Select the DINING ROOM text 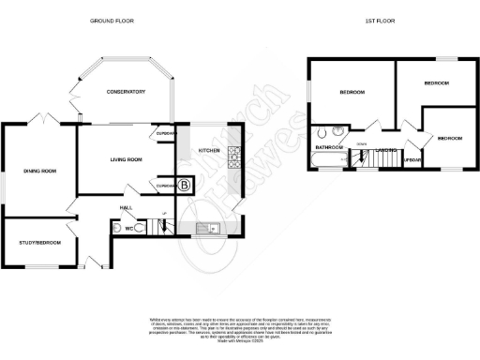coord(40,171)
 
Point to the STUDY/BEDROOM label coord(40,243)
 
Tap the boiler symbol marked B coord(184,186)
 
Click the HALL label coord(125,207)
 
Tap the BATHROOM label coord(329,147)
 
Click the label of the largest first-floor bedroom coord(352,92)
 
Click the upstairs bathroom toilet coord(323,132)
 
